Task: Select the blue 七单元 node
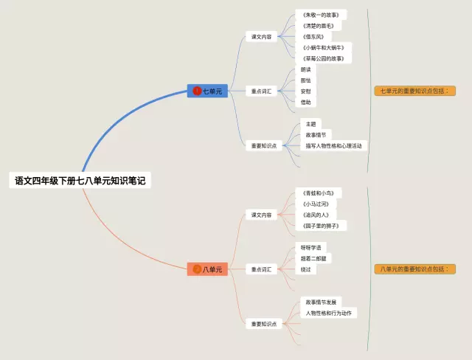pyautogui.click(x=208, y=91)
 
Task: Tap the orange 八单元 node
pyautogui.click(x=208, y=269)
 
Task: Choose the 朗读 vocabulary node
pyautogui.click(x=305, y=69)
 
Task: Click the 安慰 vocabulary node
pyautogui.click(x=305, y=91)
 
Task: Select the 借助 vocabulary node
pyautogui.click(x=305, y=103)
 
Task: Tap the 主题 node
pyautogui.click(x=310, y=124)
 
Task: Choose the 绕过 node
pyautogui.click(x=305, y=269)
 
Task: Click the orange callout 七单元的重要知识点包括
pyautogui.click(x=414, y=91)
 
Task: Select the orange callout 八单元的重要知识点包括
pyautogui.click(x=414, y=269)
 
